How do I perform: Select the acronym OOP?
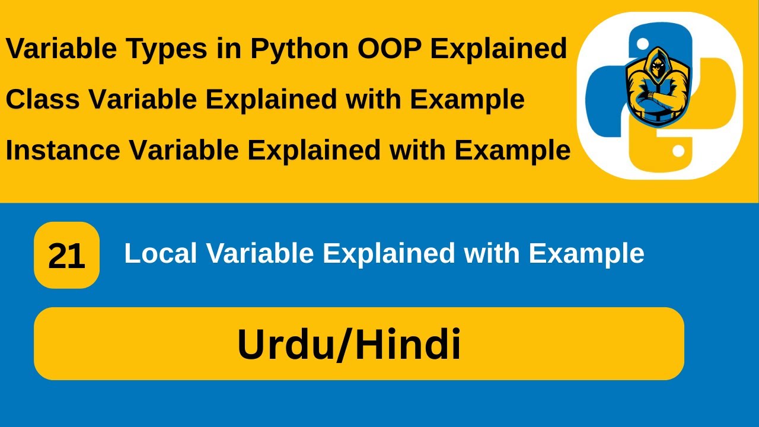tap(390, 49)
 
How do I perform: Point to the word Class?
tap(42, 100)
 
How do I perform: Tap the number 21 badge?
tap(66, 256)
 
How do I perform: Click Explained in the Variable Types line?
tap(499, 49)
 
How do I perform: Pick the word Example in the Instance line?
tap(512, 150)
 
